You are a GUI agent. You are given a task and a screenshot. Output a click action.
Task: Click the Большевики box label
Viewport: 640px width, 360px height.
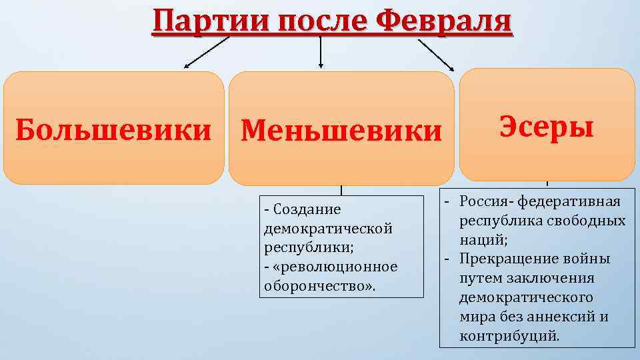[113, 129]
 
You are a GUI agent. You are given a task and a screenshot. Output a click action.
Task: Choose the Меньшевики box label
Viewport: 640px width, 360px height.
[341, 131]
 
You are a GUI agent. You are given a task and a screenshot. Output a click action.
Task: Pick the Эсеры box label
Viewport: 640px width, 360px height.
[547, 125]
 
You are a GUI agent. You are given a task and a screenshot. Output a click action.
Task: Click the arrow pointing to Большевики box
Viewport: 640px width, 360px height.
[206, 53]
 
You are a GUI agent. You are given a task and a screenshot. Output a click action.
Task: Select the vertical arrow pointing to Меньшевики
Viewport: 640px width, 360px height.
[321, 53]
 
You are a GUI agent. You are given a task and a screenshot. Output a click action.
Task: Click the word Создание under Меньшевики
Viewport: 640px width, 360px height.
[306, 209]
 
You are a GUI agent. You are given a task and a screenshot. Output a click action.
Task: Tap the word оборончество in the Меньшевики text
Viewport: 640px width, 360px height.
[317, 286]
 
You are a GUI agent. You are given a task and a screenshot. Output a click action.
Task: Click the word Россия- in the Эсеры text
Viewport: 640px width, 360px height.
[487, 201]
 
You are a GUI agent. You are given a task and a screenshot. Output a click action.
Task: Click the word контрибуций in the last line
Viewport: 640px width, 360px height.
[508, 335]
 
